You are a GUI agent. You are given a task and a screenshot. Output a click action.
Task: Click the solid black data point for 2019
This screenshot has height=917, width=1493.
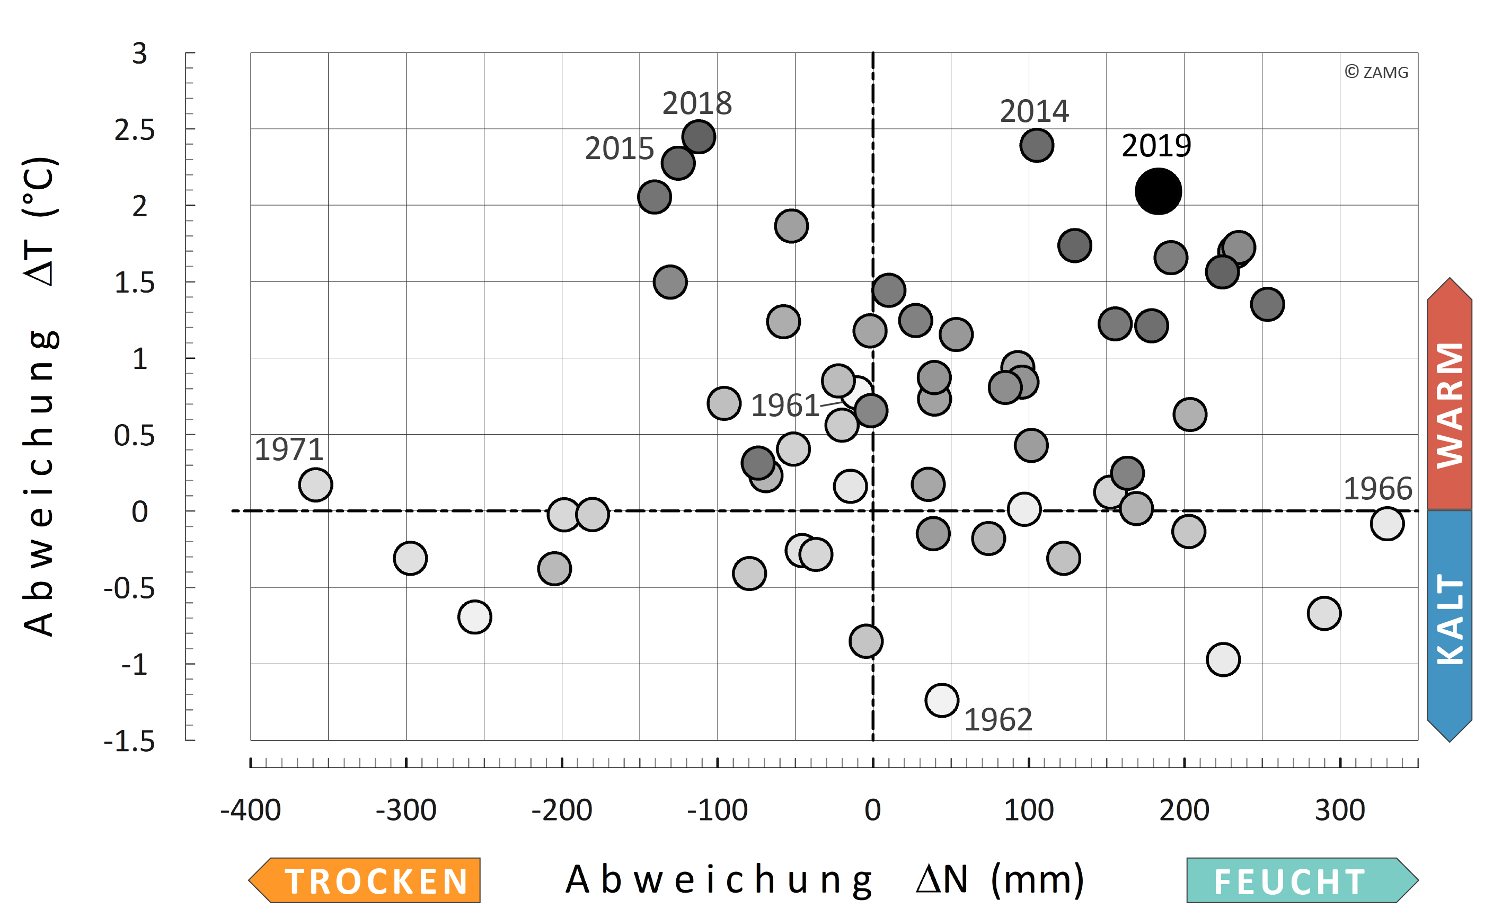1158,192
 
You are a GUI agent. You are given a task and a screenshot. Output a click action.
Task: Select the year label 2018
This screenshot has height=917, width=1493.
697,103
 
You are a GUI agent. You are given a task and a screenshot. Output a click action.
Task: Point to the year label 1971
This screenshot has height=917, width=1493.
289,449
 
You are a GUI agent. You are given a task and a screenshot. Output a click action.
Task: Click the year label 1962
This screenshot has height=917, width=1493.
997,720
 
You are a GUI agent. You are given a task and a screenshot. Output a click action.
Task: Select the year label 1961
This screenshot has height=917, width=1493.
785,405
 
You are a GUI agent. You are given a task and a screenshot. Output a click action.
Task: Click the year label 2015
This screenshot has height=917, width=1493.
619,148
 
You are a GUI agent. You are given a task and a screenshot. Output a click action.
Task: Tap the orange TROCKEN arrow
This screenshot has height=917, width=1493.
365,880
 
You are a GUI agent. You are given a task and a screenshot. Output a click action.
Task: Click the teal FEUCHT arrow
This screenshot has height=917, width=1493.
1301,880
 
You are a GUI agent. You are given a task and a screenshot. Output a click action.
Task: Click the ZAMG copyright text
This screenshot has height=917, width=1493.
1376,72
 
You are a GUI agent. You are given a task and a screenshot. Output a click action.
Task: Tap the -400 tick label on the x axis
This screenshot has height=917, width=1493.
251,810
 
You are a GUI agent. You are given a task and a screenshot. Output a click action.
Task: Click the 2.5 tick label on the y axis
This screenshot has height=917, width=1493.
135,130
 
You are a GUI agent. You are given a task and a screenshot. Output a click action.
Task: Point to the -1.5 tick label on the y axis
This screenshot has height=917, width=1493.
129,741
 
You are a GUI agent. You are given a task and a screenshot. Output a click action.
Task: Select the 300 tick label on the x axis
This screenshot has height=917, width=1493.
1340,810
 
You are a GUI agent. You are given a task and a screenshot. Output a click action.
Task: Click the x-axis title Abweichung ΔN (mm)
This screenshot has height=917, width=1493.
825,879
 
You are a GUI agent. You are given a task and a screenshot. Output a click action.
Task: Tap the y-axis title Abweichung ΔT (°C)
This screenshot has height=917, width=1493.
41,397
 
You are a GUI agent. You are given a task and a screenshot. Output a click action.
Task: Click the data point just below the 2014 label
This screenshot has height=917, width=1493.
1036,146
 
